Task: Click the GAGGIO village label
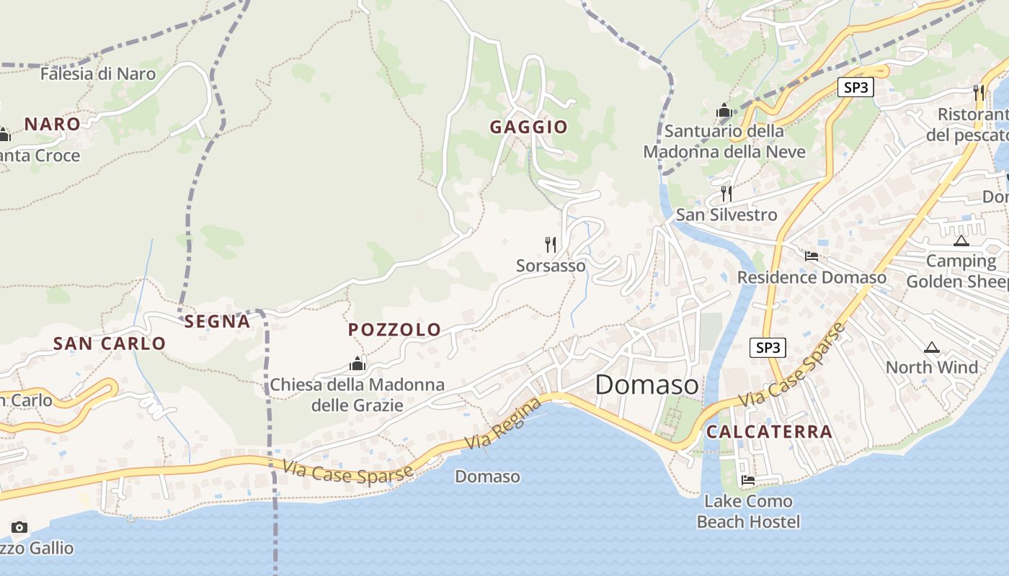[529, 127]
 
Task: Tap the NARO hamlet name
[52, 124]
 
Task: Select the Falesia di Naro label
[98, 73]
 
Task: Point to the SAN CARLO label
[110, 343]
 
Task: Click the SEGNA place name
[218, 322]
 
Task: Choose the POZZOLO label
[394, 330]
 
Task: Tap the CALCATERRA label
[769, 432]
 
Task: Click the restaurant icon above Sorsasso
[551, 245]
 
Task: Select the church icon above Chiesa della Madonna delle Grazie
[357, 364]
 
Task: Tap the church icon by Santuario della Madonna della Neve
[724, 111]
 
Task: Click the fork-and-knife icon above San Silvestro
[726, 193]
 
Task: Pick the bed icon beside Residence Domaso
[812, 256]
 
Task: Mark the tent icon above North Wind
[932, 348]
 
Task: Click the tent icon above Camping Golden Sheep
[961, 240]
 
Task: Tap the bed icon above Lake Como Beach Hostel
[748, 480]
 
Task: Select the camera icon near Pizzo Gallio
[19, 527]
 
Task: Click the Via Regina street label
[504, 423]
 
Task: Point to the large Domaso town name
[646, 385]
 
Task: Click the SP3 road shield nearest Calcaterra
[768, 348]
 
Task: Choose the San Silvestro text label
[726, 215]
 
